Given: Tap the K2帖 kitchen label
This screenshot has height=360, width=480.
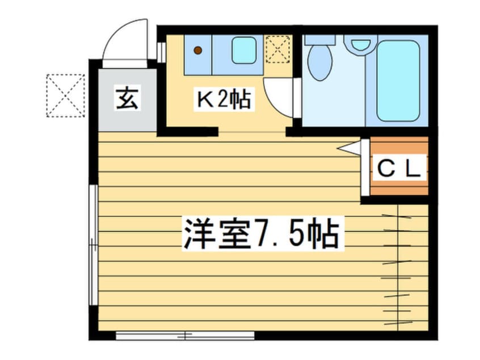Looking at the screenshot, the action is coord(224,99).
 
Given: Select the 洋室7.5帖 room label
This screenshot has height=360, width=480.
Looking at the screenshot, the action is coord(262,235).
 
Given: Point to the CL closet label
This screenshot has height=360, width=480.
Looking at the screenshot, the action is coord(398,169).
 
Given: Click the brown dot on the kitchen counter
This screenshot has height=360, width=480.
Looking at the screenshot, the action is coord(198,50).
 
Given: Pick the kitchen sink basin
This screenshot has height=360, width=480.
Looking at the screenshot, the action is coord(243,50).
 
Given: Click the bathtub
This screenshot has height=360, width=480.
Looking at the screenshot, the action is coord(398,81).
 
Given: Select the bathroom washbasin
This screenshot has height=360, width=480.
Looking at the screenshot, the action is coord(361,44).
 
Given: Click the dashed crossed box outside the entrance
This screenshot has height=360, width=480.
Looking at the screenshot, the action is coord(65,95).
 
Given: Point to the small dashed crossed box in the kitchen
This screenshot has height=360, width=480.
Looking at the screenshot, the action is coord(277,49).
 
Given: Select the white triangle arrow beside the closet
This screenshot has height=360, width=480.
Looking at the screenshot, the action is coord(349,148).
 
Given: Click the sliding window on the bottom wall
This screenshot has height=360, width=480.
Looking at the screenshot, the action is coord(185,336).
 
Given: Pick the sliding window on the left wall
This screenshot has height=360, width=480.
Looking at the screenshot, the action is coord(94,245).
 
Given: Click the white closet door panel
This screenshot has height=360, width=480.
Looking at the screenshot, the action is coord(365,168).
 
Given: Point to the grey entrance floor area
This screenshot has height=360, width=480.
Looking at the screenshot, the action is coord(127,100).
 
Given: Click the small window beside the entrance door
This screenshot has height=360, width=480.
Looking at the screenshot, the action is coord(161,52).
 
